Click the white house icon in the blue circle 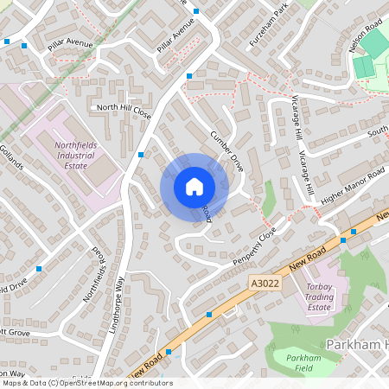tap(194, 186)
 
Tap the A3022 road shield tap(266, 283)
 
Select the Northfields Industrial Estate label tap(75, 155)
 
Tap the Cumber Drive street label tap(228, 150)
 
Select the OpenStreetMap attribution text tap(86, 383)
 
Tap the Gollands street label tap(12, 156)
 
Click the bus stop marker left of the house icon tap(140, 155)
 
